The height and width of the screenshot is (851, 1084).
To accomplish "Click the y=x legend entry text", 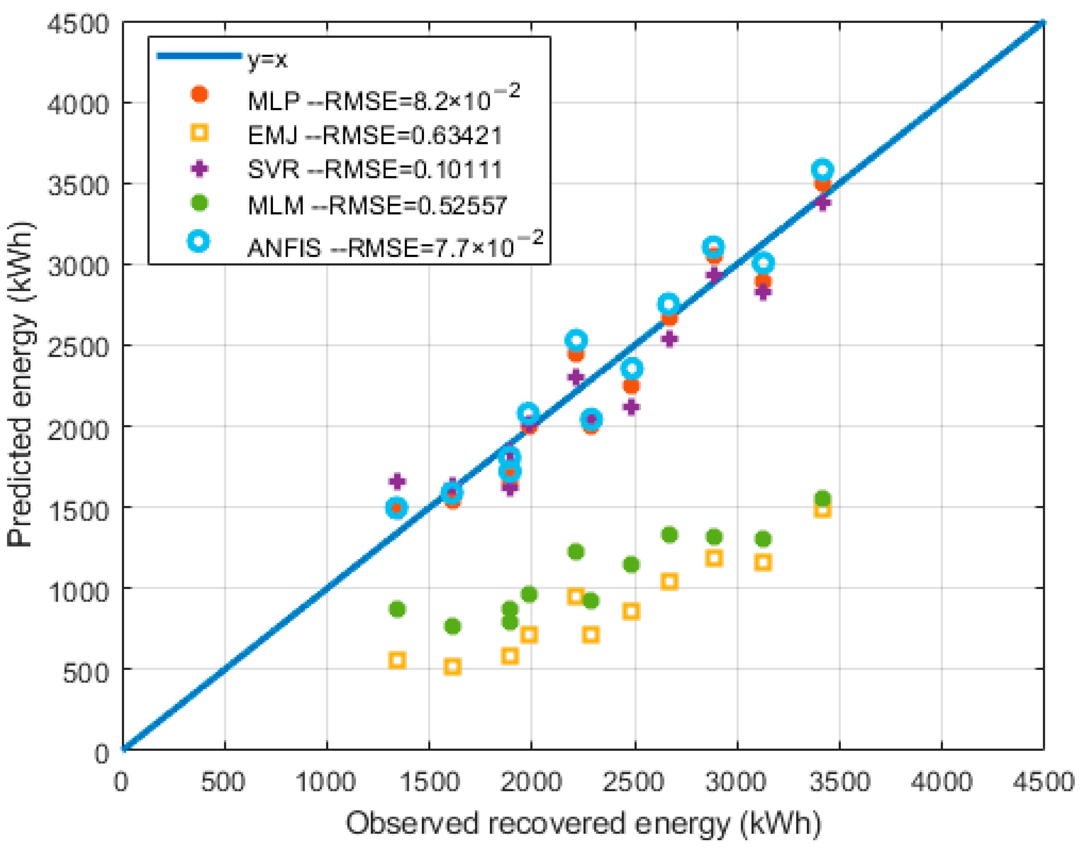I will [267, 60].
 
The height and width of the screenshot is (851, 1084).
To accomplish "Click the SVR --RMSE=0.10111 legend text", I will [374, 169].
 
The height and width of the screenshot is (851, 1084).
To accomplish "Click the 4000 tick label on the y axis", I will [77, 104].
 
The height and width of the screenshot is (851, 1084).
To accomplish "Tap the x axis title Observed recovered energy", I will [583, 823].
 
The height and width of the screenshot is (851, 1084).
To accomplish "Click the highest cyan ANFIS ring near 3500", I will [822, 170].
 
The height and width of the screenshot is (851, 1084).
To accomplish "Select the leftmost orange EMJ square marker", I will [396, 661].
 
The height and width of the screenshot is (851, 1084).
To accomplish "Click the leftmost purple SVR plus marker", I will [397, 481].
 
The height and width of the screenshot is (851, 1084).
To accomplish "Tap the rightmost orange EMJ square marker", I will [822, 510].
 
